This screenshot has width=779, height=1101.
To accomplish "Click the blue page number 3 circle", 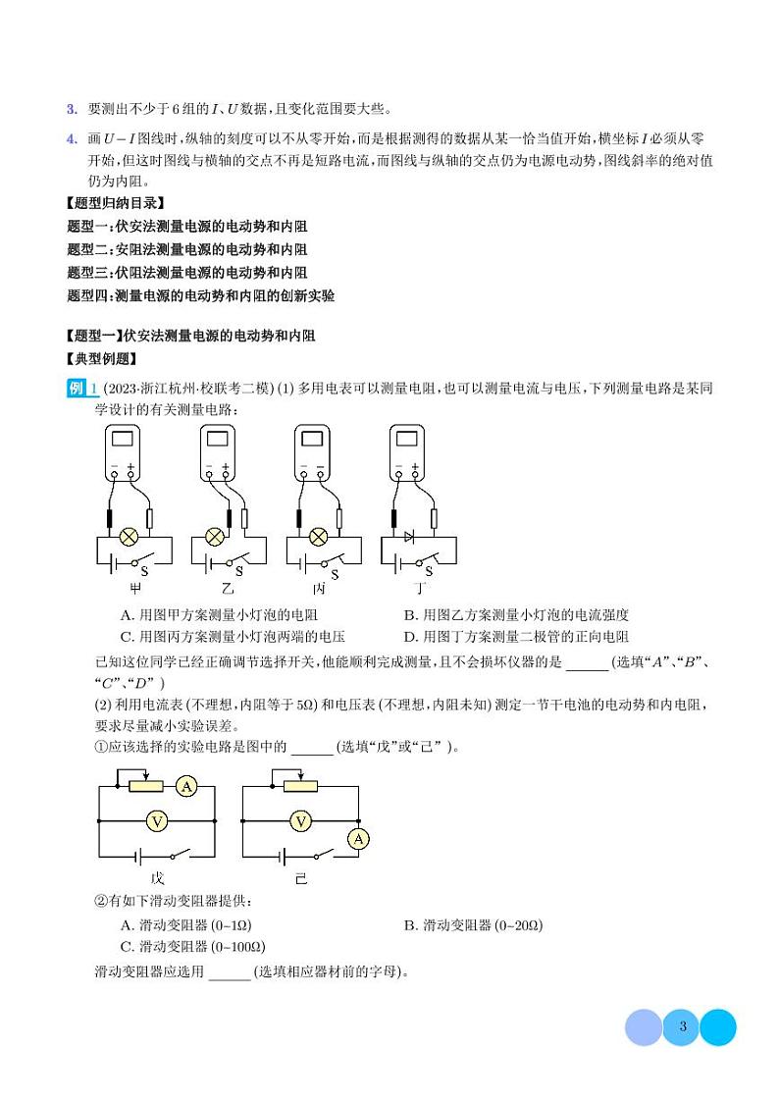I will (x=681, y=1027).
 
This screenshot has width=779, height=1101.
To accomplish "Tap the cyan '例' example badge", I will (x=78, y=388).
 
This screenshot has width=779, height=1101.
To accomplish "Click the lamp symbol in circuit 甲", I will (x=128, y=537).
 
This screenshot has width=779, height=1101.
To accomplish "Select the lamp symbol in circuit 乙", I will (x=216, y=537).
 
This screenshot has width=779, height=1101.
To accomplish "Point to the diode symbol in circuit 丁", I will (x=410, y=537).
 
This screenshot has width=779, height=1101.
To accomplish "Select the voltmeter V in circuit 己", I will (x=301, y=819).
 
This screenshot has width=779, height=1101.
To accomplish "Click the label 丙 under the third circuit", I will (x=318, y=589).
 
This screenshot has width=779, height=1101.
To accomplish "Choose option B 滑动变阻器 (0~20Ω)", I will (x=474, y=925).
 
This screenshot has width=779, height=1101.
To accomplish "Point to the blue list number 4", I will (x=71, y=137).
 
